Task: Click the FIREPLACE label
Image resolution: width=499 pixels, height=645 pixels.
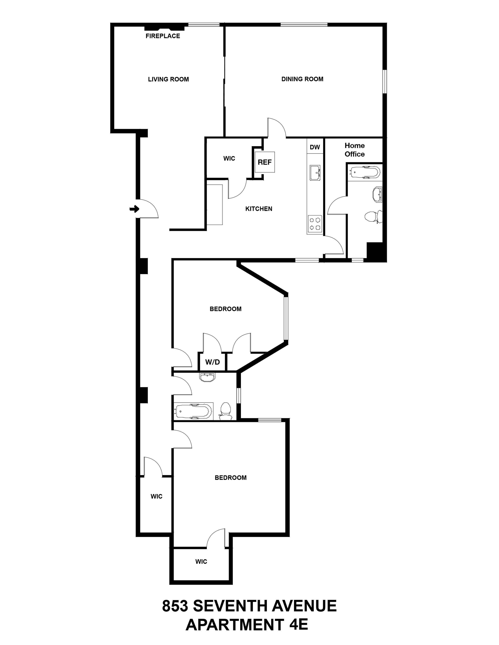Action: pyautogui.click(x=163, y=36)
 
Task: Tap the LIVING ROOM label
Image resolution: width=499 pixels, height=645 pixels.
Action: pyautogui.click(x=168, y=79)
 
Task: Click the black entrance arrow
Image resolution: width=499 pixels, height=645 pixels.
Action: pyautogui.click(x=134, y=209)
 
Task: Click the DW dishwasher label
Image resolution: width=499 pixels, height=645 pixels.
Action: pyautogui.click(x=315, y=147)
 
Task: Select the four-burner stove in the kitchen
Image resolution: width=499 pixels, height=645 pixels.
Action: pyautogui.click(x=315, y=224)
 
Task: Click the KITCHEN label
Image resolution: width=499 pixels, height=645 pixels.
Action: pyautogui.click(x=259, y=209)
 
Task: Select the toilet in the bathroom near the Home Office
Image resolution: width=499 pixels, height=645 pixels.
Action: pyautogui.click(x=373, y=217)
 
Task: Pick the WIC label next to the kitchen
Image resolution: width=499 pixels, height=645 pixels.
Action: pyautogui.click(x=229, y=159)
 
